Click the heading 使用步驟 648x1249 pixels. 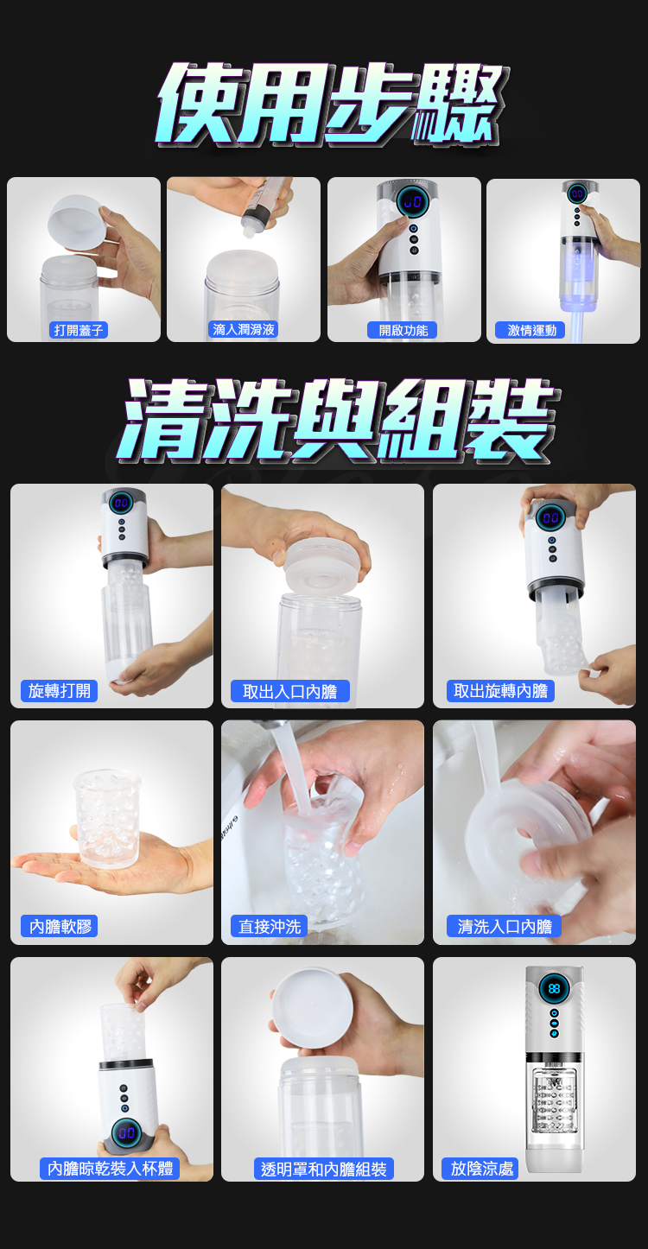[333, 104]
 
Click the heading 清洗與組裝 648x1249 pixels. [337, 420]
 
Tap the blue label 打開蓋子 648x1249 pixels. [79, 330]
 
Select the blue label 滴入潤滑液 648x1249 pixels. [244, 330]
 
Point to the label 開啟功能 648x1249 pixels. [403, 330]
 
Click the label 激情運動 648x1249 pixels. [530, 330]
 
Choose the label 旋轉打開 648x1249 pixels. [59, 691]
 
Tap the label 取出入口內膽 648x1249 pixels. [290, 691]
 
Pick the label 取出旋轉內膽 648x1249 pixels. [501, 691]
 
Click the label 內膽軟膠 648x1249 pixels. [60, 926]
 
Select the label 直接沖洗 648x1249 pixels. [270, 926]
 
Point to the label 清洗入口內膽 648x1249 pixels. [504, 926]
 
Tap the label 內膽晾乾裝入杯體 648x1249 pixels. [110, 1168]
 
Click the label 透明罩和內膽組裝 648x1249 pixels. [323, 1169]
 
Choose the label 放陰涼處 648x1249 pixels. [481, 1168]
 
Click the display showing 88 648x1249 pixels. [555, 989]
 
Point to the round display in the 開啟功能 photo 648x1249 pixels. [413, 200]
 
